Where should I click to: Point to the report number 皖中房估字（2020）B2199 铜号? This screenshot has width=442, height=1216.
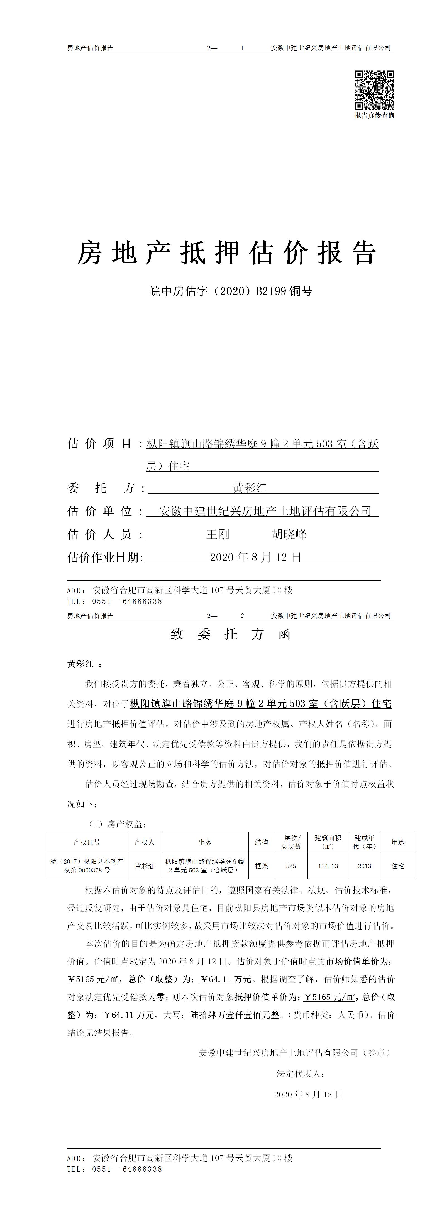[230, 291]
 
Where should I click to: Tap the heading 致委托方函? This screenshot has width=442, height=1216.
[230, 634]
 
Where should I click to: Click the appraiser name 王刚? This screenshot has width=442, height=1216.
[218, 534]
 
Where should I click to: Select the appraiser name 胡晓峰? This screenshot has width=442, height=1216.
[289, 534]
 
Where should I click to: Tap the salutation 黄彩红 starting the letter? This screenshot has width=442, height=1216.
[80, 664]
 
